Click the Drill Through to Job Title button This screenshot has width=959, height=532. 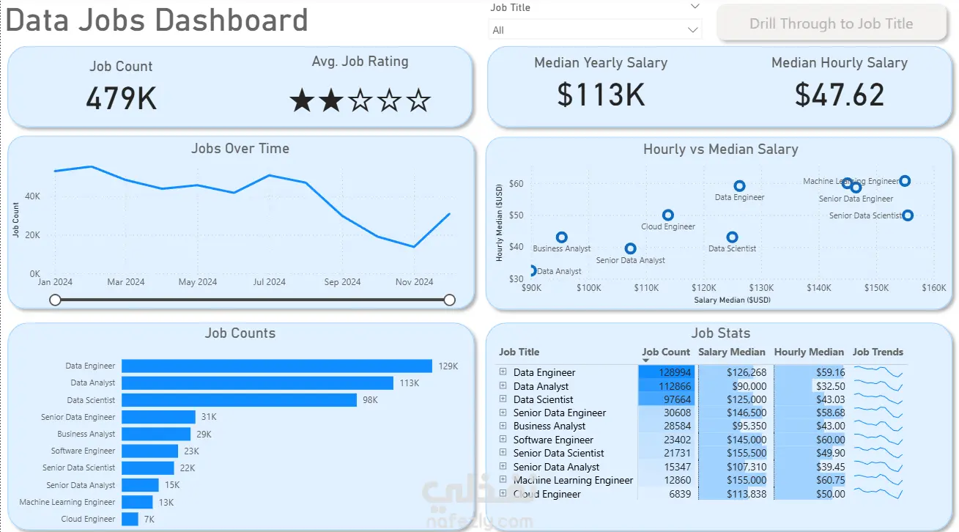(x=832, y=23)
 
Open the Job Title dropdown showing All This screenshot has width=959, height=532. (x=595, y=30)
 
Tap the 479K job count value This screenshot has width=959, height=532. (x=121, y=98)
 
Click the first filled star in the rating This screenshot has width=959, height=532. (x=303, y=100)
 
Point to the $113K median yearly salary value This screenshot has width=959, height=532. (x=601, y=95)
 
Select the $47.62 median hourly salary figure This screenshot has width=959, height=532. (x=839, y=95)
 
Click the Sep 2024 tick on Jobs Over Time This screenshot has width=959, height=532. (x=342, y=282)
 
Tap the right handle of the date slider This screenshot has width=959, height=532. (x=449, y=300)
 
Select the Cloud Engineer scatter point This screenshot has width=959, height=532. (x=668, y=215)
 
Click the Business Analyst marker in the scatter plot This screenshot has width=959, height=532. (x=561, y=237)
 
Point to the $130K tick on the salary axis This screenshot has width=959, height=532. (x=761, y=287)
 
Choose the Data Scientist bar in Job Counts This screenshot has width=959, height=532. (x=239, y=400)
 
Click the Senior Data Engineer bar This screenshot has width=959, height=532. (x=158, y=417)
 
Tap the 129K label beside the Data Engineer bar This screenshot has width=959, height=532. (x=448, y=366)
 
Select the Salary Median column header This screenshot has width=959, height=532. (x=731, y=352)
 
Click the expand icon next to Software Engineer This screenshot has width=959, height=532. (x=503, y=439)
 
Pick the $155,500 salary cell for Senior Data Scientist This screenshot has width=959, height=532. (x=747, y=453)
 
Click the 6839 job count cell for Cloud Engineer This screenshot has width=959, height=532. (x=680, y=494)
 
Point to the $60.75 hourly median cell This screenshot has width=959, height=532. (x=830, y=480)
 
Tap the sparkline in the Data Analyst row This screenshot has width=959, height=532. (x=878, y=385)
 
